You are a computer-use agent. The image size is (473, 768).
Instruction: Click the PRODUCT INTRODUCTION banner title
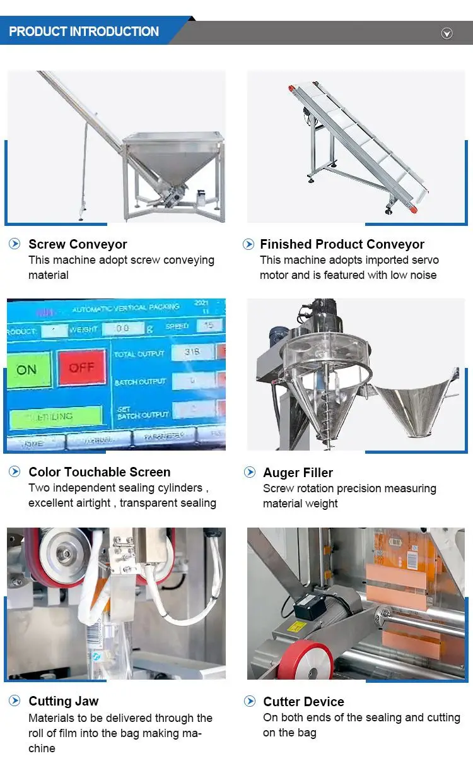(84, 32)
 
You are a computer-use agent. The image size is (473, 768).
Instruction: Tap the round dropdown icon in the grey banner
(447, 33)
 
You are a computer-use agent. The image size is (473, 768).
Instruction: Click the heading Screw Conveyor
(78, 244)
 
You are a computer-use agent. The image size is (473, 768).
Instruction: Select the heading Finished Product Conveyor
(342, 244)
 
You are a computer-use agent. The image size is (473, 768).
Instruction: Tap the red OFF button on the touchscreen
(81, 368)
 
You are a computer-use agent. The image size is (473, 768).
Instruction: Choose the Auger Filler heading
(298, 473)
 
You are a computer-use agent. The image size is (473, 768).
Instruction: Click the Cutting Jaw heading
(63, 701)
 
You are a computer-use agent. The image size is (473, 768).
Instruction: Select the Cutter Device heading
(303, 702)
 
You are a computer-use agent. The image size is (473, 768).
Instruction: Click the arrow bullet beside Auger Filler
(250, 472)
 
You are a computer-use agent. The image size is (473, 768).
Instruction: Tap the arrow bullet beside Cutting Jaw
(15, 700)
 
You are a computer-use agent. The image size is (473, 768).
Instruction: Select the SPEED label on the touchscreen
(176, 326)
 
